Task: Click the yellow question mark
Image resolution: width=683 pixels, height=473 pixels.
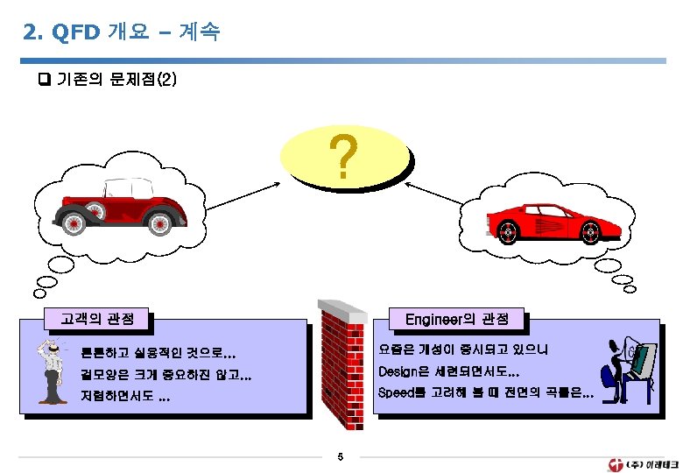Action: coord(345,158)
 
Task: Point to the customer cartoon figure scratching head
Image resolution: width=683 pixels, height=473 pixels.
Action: coord(51,368)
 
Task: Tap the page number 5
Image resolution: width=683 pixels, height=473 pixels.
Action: coord(341,456)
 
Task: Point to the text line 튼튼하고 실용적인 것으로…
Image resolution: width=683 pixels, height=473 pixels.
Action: coord(158,355)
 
